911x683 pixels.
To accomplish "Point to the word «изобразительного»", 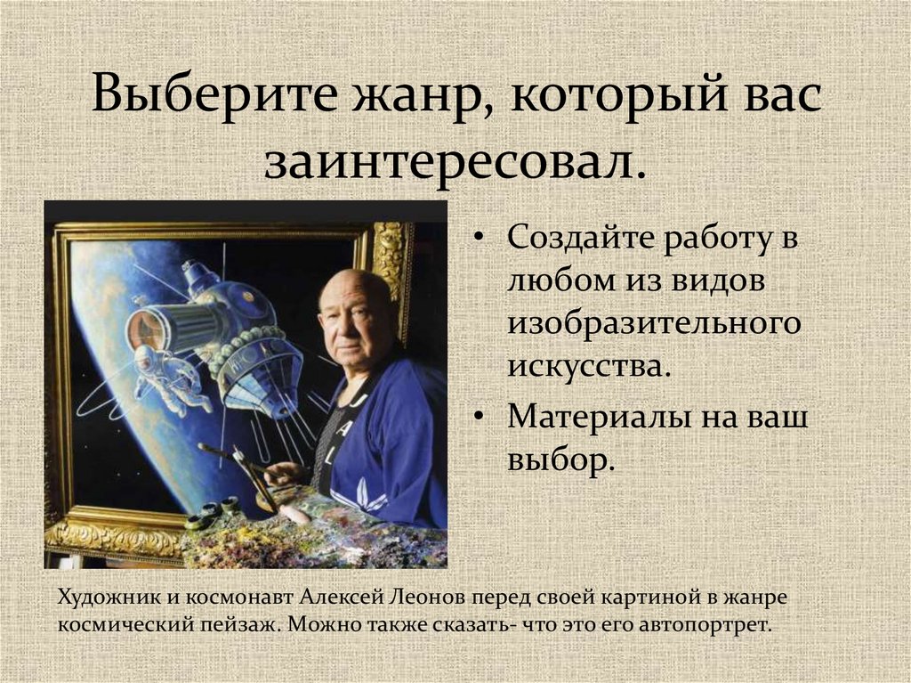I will [x=655, y=324].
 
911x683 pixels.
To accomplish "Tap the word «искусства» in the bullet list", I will [x=585, y=366].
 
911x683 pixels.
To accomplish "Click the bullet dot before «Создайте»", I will [x=480, y=241].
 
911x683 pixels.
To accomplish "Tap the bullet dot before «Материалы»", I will [x=480, y=418].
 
